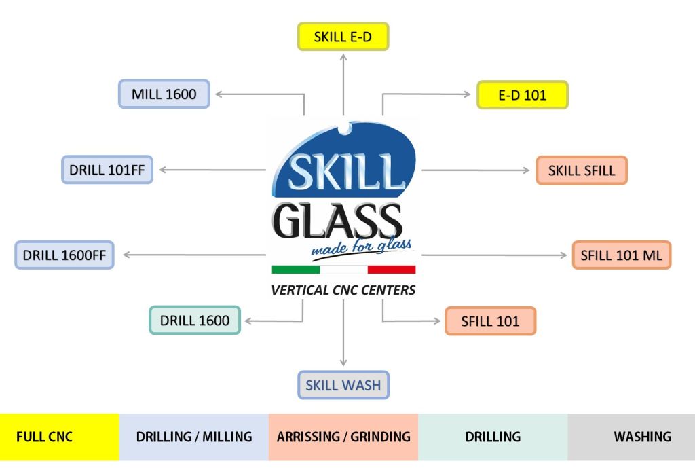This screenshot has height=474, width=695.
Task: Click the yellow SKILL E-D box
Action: [343, 37]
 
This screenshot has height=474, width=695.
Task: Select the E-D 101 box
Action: [522, 95]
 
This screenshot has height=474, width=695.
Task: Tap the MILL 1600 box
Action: [164, 94]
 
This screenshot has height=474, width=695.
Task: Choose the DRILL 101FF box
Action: [107, 169]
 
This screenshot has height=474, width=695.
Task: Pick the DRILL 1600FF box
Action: [64, 255]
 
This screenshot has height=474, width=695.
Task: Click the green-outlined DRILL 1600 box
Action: [195, 320]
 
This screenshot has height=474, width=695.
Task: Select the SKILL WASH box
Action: [343, 385]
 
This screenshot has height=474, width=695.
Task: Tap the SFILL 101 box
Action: [490, 321]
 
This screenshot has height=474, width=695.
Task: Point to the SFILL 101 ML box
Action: [621, 255]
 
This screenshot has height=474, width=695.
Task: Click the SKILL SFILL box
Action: [582, 170]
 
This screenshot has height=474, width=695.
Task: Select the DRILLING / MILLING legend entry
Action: [194, 437]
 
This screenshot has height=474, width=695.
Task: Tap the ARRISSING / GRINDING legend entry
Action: [343, 437]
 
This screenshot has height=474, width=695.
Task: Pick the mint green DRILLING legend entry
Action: [493, 437]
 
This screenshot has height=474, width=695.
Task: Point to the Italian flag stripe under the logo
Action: [343, 270]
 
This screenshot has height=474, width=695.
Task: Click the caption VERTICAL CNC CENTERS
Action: [343, 290]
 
